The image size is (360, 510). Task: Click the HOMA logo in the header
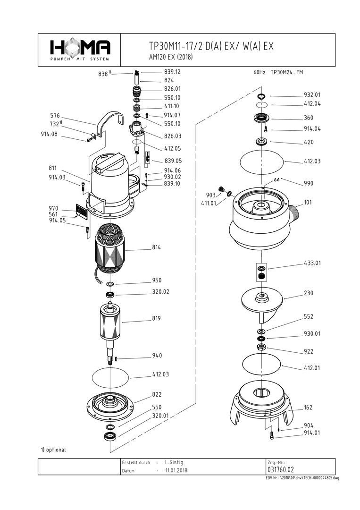[80, 48]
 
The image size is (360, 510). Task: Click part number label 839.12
[172, 72]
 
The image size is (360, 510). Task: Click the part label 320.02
[160, 292]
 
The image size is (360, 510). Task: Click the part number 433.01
[312, 263]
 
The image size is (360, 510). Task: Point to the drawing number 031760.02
[280, 470]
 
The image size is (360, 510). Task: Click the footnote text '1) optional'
[53, 450]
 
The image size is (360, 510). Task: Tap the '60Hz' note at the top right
[260, 73]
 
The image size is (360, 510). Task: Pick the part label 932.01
[312, 94]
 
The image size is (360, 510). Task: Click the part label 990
[308, 183]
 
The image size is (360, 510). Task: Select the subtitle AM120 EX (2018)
[170, 57]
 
